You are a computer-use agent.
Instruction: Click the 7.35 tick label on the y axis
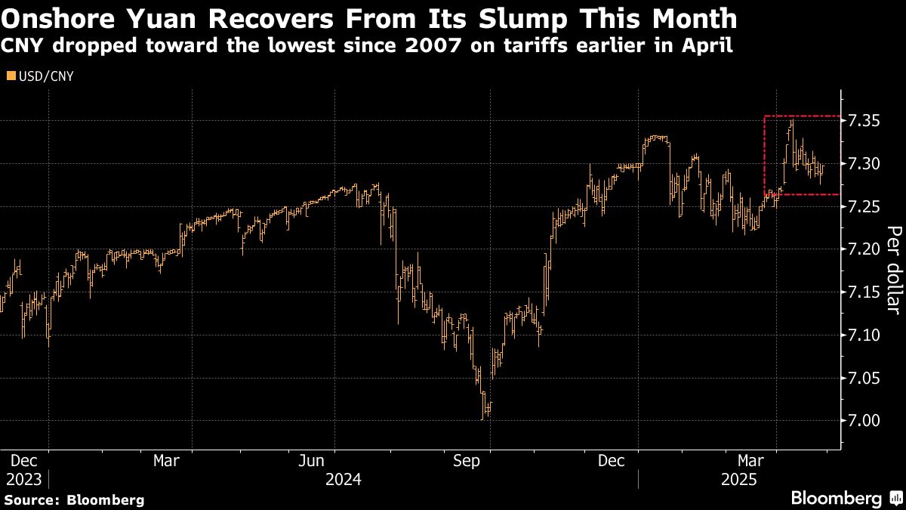point(864,121)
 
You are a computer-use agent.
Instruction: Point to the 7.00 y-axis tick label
point(864,420)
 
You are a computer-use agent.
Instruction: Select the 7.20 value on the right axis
point(864,249)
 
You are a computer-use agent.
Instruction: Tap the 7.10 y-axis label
point(864,335)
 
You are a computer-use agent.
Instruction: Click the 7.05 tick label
point(864,378)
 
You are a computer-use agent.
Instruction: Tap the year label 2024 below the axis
point(344,479)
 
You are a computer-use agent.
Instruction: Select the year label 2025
point(739,479)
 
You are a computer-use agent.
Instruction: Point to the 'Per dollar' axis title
point(893,270)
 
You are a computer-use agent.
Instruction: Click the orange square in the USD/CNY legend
point(10,76)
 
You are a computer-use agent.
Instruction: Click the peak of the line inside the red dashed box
point(791,119)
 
